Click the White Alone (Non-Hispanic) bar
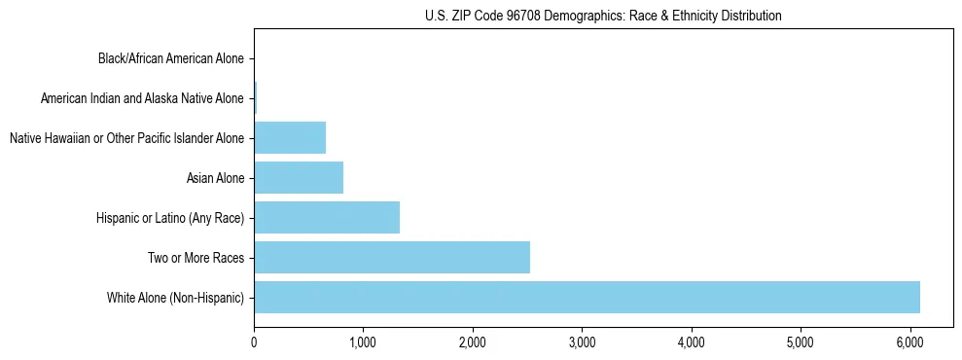tap(587, 297)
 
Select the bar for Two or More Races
tap(392, 257)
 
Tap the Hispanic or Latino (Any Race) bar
tap(327, 217)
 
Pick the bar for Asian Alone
tap(299, 177)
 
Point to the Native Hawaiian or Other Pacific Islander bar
tap(290, 137)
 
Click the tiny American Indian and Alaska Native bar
tap(256, 97)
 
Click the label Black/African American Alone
tap(170, 58)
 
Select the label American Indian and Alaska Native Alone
tap(142, 98)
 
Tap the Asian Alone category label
tap(215, 178)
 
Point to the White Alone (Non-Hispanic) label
tap(175, 298)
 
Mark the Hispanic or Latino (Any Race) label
tap(170, 218)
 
